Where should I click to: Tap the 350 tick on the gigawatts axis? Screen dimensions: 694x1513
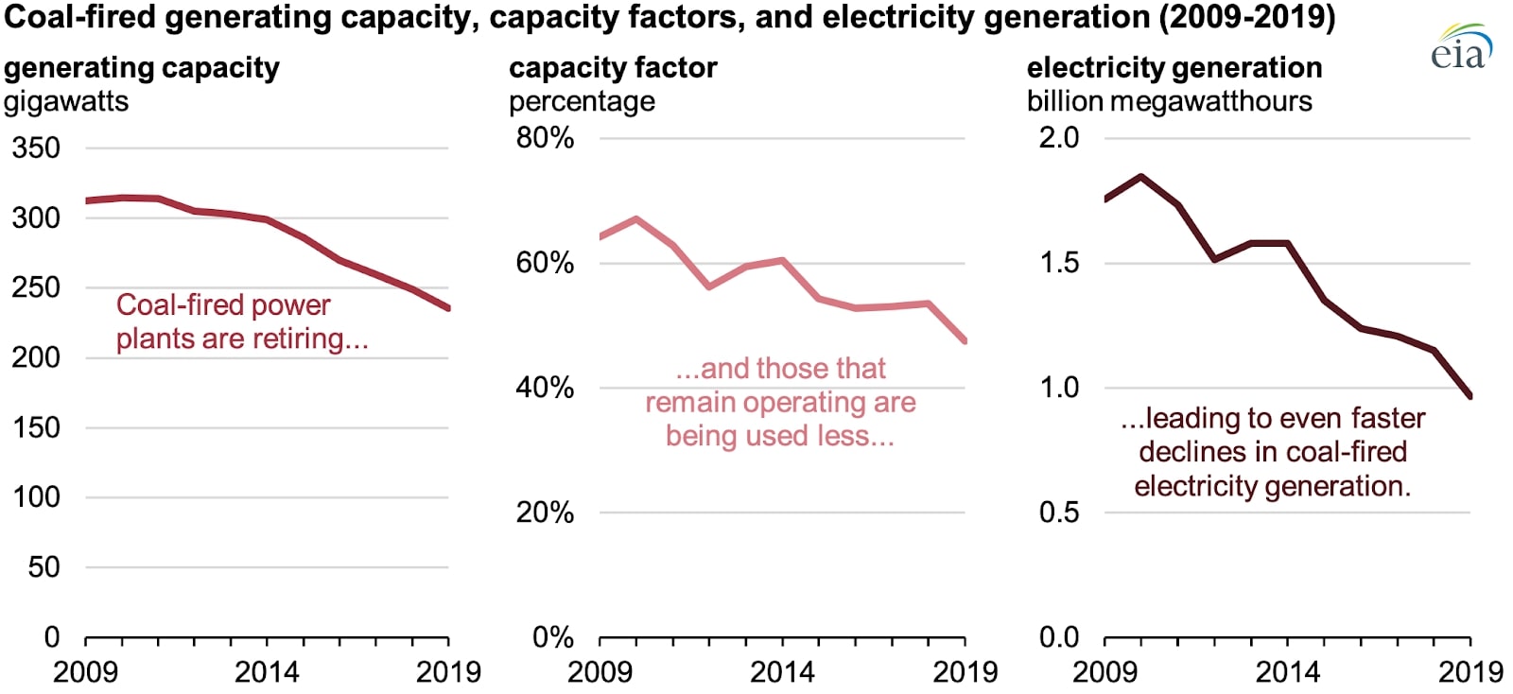(x=36, y=148)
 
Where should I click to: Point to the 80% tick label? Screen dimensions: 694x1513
(x=545, y=138)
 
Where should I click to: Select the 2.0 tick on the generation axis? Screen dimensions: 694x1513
(x=1058, y=138)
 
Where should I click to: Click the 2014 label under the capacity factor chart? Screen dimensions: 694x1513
(x=782, y=672)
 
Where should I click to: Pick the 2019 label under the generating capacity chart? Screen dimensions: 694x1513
(x=448, y=672)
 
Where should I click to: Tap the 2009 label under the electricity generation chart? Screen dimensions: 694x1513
(x=1104, y=672)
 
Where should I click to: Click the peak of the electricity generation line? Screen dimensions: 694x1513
(x=1141, y=176)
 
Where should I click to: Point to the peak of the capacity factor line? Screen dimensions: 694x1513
(x=635, y=218)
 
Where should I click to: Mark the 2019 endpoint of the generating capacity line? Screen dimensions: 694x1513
(x=447, y=307)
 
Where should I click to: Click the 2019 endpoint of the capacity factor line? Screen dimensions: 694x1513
(x=964, y=340)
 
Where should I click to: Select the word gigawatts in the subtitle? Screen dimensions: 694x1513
(x=66, y=102)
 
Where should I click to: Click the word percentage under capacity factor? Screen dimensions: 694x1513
(x=582, y=102)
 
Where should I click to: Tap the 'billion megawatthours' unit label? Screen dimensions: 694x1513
(x=1169, y=102)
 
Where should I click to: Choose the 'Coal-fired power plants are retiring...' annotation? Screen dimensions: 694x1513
(x=241, y=321)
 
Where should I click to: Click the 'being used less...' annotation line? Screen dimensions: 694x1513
(x=779, y=436)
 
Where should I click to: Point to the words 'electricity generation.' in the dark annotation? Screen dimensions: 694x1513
(x=1272, y=486)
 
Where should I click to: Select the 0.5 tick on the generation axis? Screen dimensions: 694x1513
(x=1058, y=512)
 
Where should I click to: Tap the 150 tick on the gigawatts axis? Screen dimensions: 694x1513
(x=36, y=427)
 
